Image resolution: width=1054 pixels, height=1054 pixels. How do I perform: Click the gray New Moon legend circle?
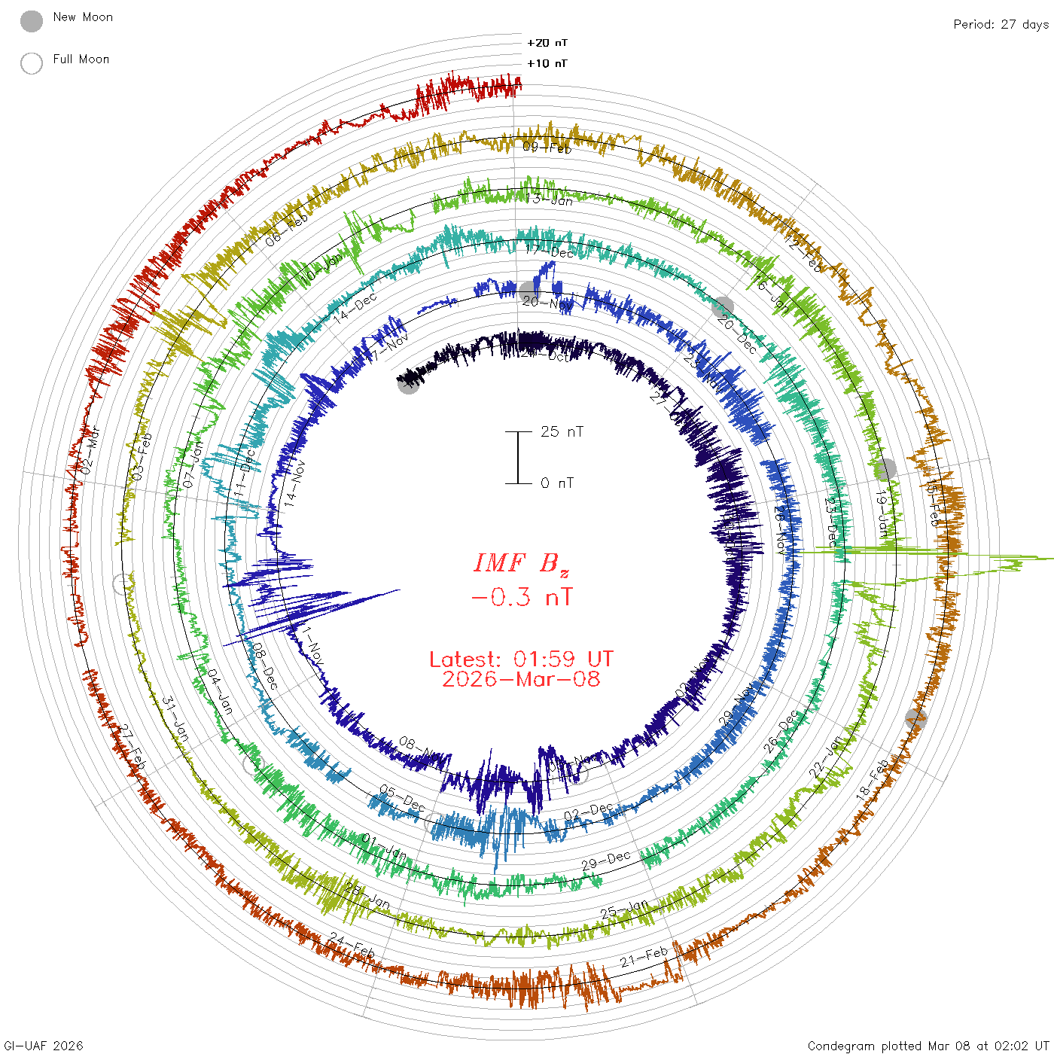point(32,22)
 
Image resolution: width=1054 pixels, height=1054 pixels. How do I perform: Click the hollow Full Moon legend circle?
point(32,63)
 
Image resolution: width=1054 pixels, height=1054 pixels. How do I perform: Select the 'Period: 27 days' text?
point(1001,25)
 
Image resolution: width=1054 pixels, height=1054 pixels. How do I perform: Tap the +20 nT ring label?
point(547,44)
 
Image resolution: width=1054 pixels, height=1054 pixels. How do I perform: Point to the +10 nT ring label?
point(547,64)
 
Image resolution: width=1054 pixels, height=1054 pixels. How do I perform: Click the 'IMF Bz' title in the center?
point(521,563)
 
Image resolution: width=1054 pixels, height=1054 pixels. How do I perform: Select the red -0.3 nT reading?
point(521,598)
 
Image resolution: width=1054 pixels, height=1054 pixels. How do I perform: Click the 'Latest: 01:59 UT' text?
point(521,660)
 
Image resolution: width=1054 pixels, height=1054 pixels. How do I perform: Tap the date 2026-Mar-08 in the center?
point(521,680)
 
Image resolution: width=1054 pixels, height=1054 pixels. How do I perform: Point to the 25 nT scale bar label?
point(562,432)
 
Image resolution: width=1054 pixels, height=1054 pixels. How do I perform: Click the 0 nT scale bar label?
point(557,483)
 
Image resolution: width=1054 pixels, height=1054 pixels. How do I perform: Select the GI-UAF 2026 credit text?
point(43,1046)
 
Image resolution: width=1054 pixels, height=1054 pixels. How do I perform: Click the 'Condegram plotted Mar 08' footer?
point(928,1046)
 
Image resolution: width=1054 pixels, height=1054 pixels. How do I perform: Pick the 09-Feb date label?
point(547,148)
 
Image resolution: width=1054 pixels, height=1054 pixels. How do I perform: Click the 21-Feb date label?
point(644,958)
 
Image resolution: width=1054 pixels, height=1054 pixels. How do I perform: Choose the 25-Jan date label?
point(624,909)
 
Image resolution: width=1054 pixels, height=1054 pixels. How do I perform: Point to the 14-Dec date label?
point(355,308)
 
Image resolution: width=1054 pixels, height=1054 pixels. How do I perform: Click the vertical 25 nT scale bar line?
point(518,458)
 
